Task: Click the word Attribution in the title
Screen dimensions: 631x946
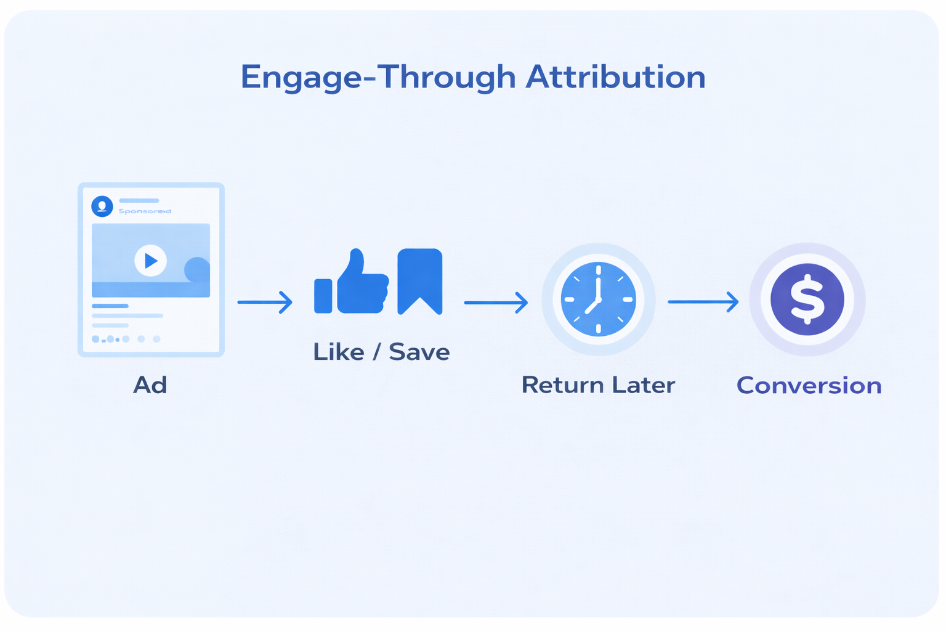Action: [x=615, y=78]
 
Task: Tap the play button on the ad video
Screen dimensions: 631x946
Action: [x=150, y=261]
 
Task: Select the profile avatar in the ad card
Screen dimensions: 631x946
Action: [x=102, y=206]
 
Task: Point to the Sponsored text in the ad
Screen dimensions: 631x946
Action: [x=145, y=211]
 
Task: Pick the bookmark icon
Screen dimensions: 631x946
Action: [x=420, y=280]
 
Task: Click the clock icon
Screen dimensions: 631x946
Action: [x=598, y=299]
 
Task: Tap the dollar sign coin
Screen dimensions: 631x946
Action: [x=807, y=299]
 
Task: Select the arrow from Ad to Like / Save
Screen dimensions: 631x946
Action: [x=265, y=302]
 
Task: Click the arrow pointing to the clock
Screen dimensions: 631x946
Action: [x=496, y=302]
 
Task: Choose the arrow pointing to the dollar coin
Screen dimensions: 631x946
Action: [x=703, y=301]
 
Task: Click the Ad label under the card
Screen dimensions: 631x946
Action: [x=150, y=385]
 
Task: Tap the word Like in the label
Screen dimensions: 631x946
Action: [x=339, y=352]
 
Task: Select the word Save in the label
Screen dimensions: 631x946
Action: [x=419, y=352]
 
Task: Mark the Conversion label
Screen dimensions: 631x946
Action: [x=809, y=386]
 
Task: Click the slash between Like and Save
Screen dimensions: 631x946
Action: [x=376, y=352]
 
